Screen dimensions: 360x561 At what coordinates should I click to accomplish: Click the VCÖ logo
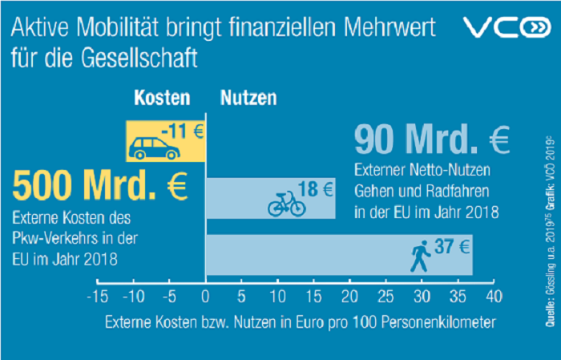tap(502, 29)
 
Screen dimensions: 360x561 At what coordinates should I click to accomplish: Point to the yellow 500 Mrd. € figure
tap(100, 188)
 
